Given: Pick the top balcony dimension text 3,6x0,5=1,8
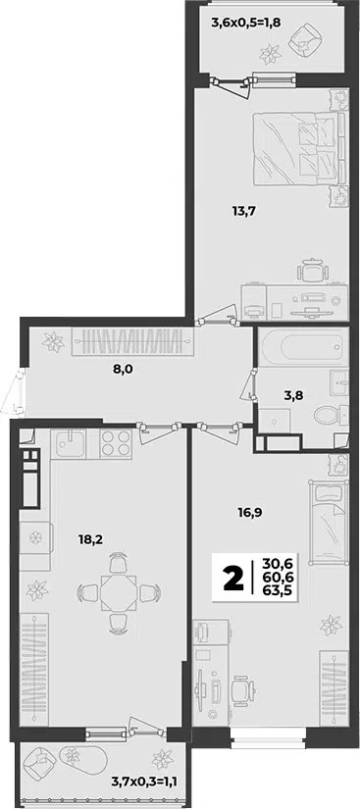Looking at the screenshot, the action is [245, 23].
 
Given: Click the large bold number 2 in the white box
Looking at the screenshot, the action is [232, 579].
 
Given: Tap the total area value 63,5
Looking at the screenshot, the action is [277, 591].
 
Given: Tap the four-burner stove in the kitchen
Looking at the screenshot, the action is [116, 443].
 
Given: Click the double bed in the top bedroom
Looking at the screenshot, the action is [299, 147].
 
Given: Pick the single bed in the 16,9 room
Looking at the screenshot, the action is [326, 522].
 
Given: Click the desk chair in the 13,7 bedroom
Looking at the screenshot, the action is [313, 270].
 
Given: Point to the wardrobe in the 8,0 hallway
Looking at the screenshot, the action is [133, 341].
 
